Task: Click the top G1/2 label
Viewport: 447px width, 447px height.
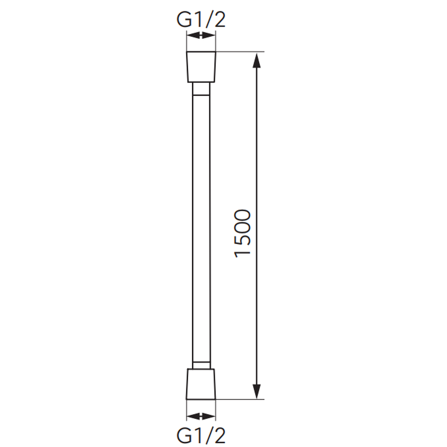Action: (x=201, y=20)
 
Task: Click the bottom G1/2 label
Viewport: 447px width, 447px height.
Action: (x=201, y=435)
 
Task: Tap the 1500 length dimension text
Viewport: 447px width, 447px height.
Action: (x=243, y=233)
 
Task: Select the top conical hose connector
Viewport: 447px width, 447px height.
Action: (x=201, y=67)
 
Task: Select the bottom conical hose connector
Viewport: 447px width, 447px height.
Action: (x=201, y=384)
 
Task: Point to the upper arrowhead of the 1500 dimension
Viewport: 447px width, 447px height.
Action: (x=257, y=60)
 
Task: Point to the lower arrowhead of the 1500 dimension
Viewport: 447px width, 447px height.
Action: (x=257, y=391)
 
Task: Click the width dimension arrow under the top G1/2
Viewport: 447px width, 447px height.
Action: (x=201, y=36)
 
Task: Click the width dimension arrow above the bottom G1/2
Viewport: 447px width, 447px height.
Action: (x=201, y=416)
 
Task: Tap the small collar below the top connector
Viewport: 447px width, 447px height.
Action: (x=201, y=89)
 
